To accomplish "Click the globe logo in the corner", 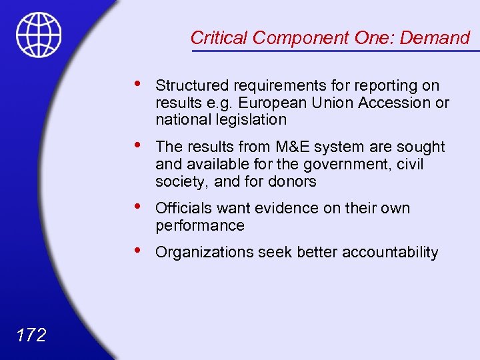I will tap(39, 35).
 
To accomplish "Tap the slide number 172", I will tap(31, 334).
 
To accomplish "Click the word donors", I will tap(291, 181).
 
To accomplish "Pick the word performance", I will tap(200, 225).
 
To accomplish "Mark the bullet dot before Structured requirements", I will tap(136, 83).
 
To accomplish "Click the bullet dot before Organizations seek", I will tap(136, 250).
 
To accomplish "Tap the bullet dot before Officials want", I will tap(136, 206).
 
